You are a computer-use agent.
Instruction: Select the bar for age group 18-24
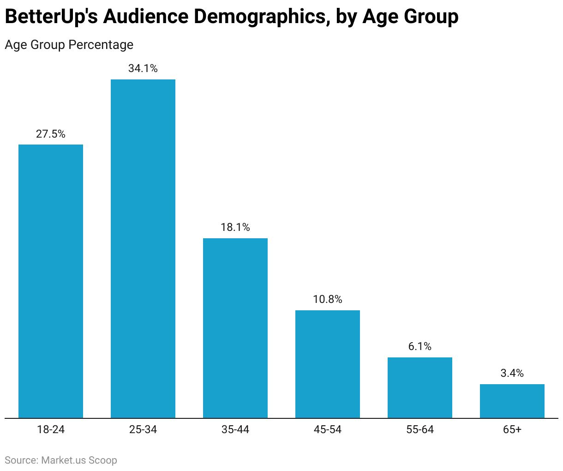(51, 281)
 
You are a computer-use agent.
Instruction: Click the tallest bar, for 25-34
(143, 249)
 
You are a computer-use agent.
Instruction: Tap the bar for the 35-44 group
(235, 328)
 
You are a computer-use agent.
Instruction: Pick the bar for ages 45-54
(328, 364)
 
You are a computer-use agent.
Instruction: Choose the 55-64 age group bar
(420, 388)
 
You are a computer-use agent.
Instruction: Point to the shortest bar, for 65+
(512, 401)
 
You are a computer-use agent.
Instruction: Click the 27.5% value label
(51, 134)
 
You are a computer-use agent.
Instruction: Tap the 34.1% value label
(143, 69)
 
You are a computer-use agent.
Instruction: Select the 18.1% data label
(235, 228)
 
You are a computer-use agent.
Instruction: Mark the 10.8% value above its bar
(328, 300)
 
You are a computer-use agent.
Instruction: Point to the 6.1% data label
(420, 347)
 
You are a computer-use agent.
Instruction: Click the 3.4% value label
(512, 374)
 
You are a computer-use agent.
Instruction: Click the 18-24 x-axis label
(51, 430)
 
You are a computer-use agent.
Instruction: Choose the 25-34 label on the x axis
(143, 430)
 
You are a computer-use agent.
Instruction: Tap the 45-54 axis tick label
(328, 430)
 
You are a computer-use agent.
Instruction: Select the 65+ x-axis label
(512, 430)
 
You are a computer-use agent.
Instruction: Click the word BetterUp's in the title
(51, 17)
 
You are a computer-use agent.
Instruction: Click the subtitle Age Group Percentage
(69, 45)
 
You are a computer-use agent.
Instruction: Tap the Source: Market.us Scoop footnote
(61, 460)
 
